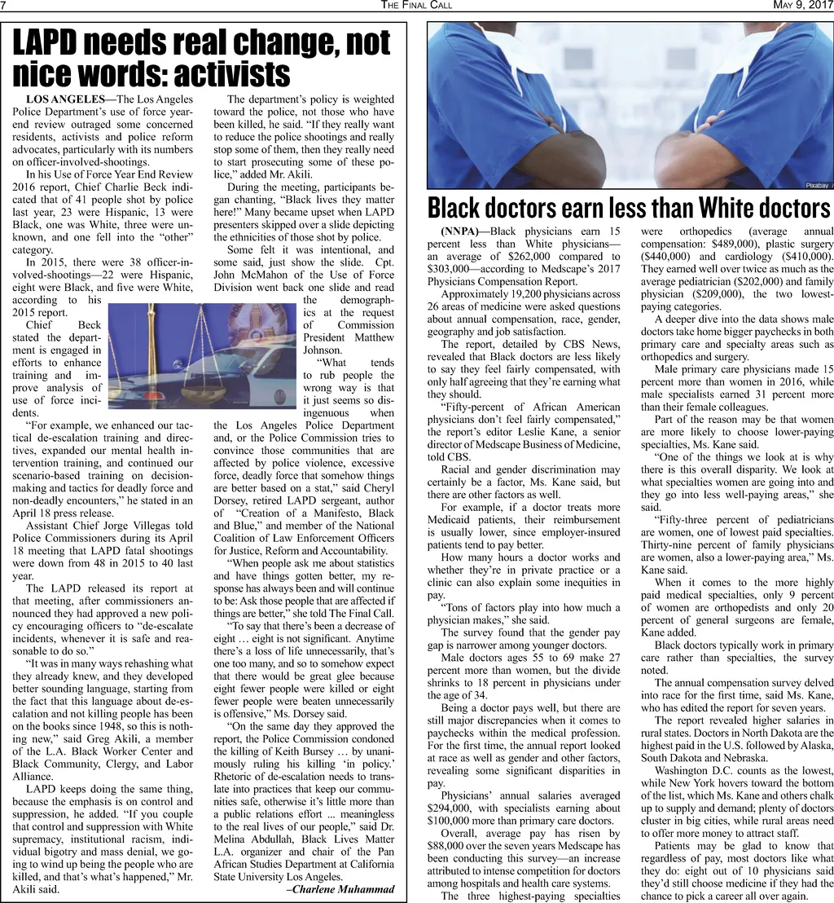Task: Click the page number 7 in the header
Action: tap(4, 6)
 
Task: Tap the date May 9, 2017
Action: tap(801, 6)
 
